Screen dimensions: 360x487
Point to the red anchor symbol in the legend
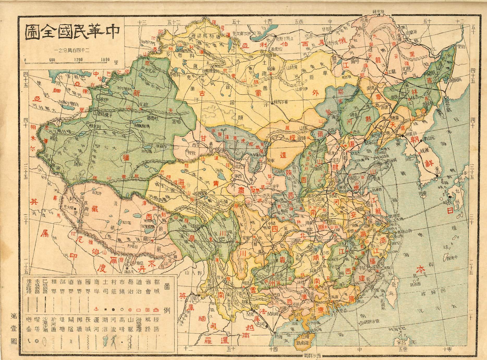(x=96, y=309)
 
